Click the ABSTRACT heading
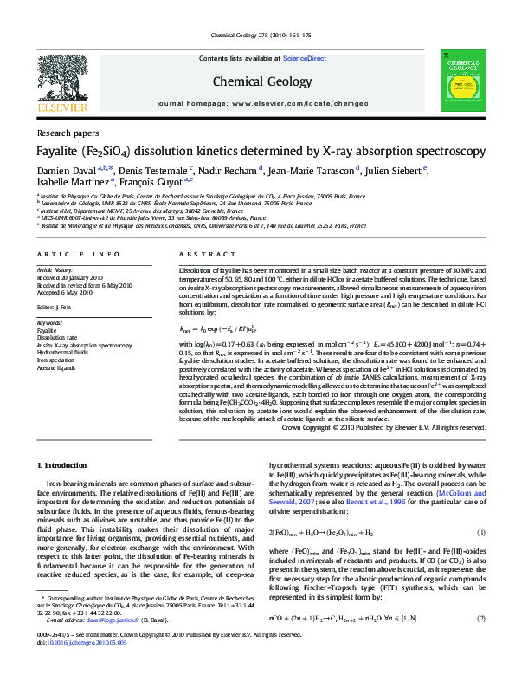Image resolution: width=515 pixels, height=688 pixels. pyautogui.click(x=200, y=254)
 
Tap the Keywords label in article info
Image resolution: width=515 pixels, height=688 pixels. pyautogui.click(x=50, y=322)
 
